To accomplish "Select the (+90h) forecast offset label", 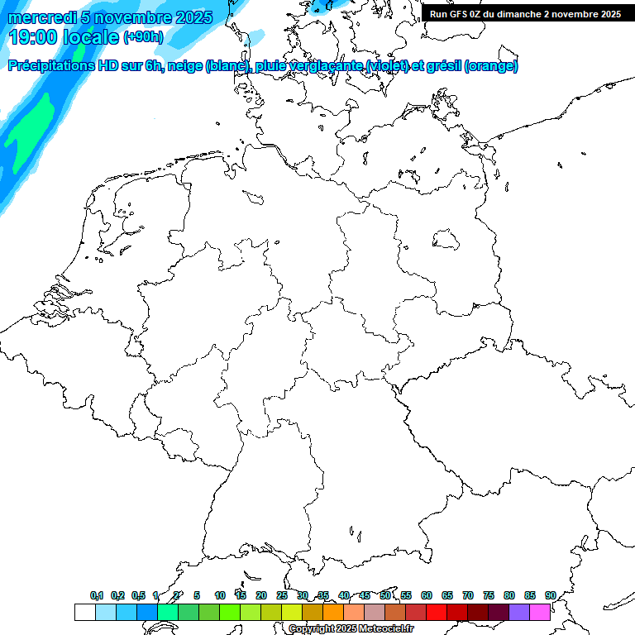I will click(143, 37).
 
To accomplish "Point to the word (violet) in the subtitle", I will click(393, 66).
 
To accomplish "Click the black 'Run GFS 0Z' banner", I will click(525, 14).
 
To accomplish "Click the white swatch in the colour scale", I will click(84, 612).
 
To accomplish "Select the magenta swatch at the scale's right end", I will click(540, 612).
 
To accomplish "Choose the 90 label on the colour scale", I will click(550, 595).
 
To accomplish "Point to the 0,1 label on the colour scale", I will click(97, 595).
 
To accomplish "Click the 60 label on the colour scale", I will click(427, 595).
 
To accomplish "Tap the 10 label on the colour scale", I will click(220, 595).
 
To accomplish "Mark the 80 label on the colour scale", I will click(509, 595).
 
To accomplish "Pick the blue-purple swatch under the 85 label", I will click(519, 612).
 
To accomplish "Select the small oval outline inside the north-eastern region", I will click(446, 240).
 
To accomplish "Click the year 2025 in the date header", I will click(193, 17).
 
